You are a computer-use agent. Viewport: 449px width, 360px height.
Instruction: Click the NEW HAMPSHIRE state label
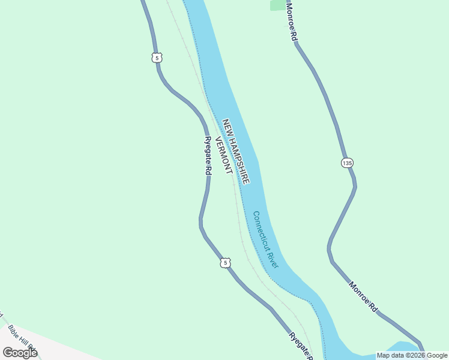tap(236, 151)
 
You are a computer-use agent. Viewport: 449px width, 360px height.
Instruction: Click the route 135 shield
tap(347, 163)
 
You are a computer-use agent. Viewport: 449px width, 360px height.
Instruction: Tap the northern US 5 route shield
tap(157, 58)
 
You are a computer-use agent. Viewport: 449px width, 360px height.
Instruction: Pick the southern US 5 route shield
tap(224, 263)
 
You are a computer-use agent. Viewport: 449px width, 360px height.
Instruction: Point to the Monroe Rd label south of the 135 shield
tap(363, 296)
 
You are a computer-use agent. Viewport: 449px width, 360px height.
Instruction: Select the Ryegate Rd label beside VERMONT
tap(208, 155)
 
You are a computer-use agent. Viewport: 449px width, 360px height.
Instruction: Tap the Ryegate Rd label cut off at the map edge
tap(300, 346)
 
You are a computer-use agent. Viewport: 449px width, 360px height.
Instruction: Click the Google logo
tap(20, 352)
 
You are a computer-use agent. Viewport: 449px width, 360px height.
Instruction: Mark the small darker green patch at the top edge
tap(278, 5)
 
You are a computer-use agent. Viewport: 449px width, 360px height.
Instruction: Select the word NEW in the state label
tap(226, 125)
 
